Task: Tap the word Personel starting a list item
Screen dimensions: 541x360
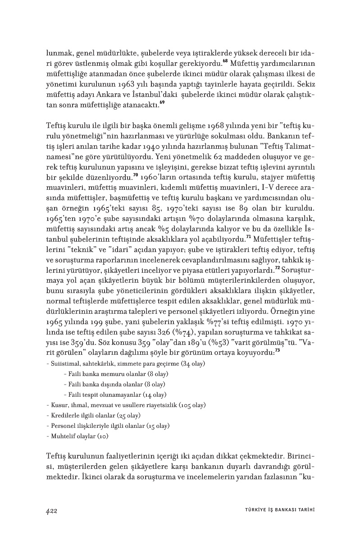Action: click(63, 426)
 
